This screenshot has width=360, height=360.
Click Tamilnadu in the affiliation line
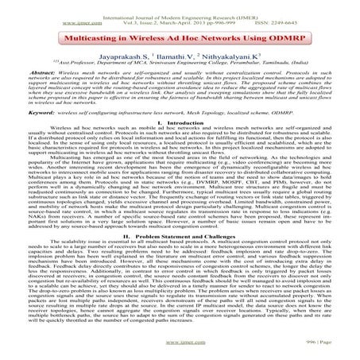click(x=281, y=68)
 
